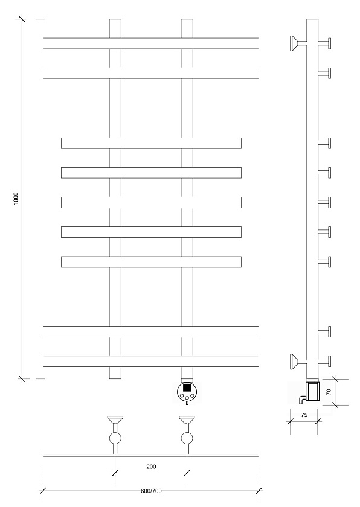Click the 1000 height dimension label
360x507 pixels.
(x=16, y=198)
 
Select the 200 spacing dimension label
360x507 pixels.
(x=151, y=467)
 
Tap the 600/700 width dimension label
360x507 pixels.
(x=151, y=491)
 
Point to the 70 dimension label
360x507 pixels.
(x=329, y=392)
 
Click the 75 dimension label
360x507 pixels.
(x=304, y=415)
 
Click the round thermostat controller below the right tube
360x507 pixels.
(x=187, y=392)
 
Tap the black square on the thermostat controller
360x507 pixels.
(x=187, y=387)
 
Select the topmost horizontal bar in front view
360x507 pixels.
(x=151, y=43)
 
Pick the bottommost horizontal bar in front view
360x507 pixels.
(x=151, y=361)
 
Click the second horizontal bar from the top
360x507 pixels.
(x=151, y=73)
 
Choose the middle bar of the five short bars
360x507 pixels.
(x=152, y=202)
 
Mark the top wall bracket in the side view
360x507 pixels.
(x=298, y=43)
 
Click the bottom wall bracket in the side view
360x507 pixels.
(x=298, y=361)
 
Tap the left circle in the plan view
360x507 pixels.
(x=115, y=438)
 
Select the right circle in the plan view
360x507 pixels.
(x=187, y=438)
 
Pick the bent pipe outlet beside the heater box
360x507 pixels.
(x=302, y=400)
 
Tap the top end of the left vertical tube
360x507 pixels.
(x=115, y=19)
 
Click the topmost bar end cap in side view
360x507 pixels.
(x=330, y=43)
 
